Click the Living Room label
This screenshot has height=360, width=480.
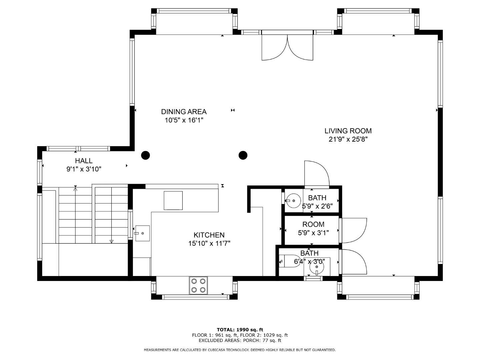point(348,131)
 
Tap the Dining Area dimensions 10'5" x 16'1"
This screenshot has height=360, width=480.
point(184,120)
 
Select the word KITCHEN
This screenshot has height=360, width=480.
point(209,235)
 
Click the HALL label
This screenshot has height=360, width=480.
point(84,161)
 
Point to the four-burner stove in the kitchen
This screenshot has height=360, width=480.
point(198,285)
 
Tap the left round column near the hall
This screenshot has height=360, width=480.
point(145,155)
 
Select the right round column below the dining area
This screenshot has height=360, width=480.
point(243,155)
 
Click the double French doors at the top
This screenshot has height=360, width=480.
point(287,47)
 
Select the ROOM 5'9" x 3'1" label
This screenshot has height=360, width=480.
point(313,228)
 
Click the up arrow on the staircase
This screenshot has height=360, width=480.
point(75,189)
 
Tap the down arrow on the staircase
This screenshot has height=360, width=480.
point(111,241)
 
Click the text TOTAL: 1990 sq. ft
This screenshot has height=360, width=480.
point(240,330)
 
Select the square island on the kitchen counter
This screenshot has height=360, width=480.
point(173,200)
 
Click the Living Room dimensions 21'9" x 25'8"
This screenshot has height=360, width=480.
point(348,140)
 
